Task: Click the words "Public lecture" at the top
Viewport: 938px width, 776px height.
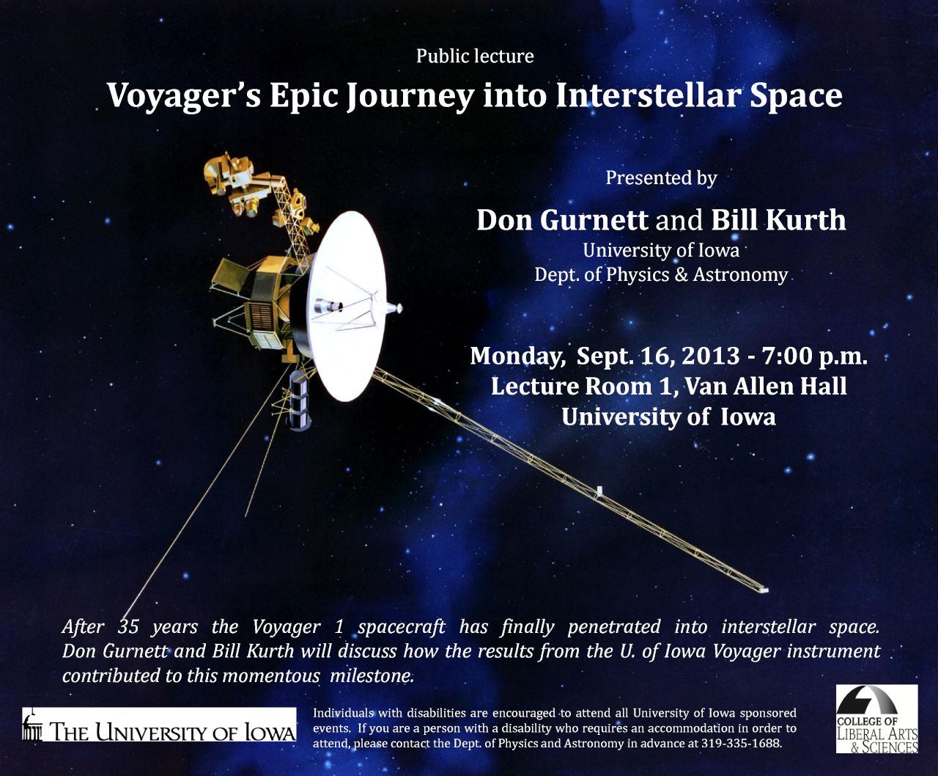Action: click(x=475, y=56)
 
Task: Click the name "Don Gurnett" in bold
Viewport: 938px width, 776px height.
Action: click(x=562, y=220)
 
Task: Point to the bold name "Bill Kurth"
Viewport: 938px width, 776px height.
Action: click(x=778, y=220)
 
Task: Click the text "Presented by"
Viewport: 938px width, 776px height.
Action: click(x=661, y=177)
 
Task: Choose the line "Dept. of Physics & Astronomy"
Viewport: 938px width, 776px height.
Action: click(x=661, y=275)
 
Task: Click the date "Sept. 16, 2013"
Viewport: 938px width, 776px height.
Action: click(x=658, y=356)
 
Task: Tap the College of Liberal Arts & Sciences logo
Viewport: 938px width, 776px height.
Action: click(x=877, y=720)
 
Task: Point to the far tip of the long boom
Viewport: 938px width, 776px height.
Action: click(x=764, y=589)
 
